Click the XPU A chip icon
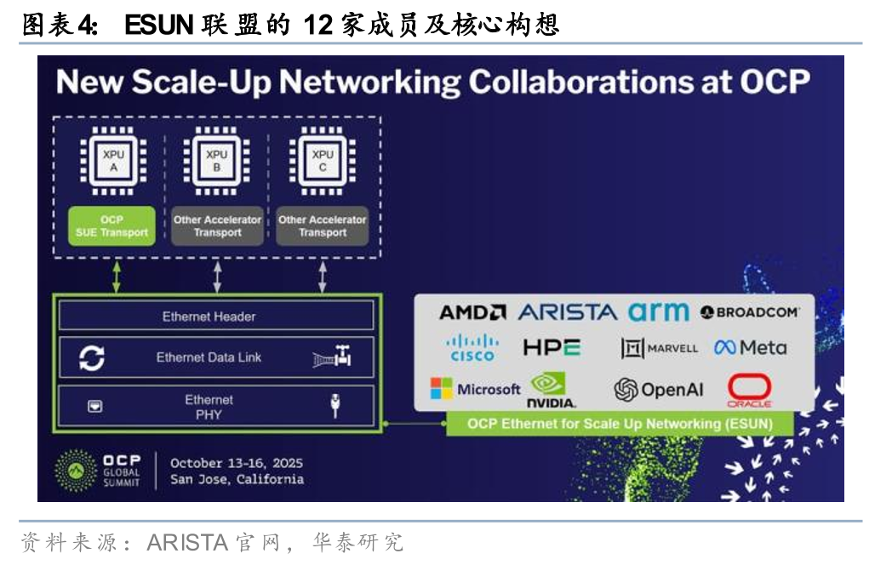[x=111, y=160]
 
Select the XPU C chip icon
[x=323, y=160]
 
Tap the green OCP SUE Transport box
[x=111, y=225]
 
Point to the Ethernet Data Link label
[x=209, y=357]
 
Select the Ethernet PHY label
[x=209, y=406]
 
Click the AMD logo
[x=472, y=312]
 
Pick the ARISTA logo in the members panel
[x=567, y=312]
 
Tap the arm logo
[x=658, y=311]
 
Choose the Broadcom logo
[x=749, y=312]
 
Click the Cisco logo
[x=472, y=347]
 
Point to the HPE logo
[x=552, y=347]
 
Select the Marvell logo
[x=659, y=347]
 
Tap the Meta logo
[x=750, y=347]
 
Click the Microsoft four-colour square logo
[x=441, y=389]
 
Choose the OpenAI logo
[x=659, y=390]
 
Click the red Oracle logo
[x=749, y=390]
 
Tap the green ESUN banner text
[x=620, y=423]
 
